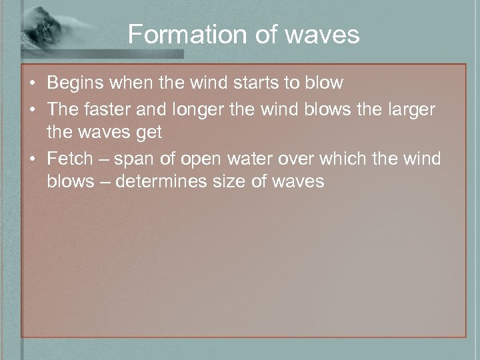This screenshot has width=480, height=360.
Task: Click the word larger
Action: pyautogui.click(x=408, y=108)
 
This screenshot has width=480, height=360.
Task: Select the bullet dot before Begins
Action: pyautogui.click(x=32, y=84)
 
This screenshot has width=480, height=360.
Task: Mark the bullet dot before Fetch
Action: pyautogui.click(x=32, y=158)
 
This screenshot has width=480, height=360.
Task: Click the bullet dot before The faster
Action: pyautogui.click(x=32, y=109)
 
